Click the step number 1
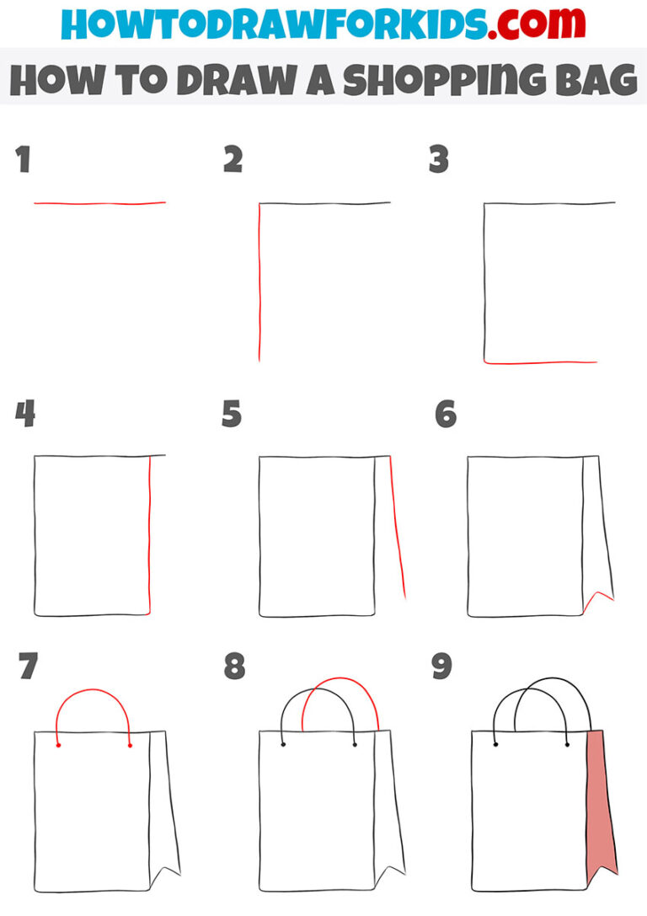(x=23, y=159)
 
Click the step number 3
(x=438, y=159)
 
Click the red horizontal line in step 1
(x=99, y=203)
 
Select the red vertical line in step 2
(x=259, y=287)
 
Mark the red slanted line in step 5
(x=397, y=531)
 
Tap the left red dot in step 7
(x=57, y=746)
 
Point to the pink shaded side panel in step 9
(x=599, y=801)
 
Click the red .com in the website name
(x=524, y=24)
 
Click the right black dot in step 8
(x=355, y=745)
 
